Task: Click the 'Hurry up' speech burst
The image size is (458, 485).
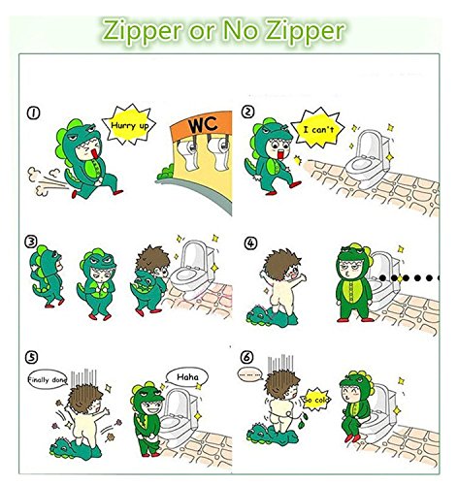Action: [x=129, y=125]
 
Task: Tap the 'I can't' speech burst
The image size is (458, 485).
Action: [x=318, y=129]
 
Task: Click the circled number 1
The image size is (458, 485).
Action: [x=33, y=113]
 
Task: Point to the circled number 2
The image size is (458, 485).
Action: [x=248, y=112]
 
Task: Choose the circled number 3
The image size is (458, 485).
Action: [x=31, y=242]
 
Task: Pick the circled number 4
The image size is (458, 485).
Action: [x=250, y=243]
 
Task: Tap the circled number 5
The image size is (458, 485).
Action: [x=31, y=358]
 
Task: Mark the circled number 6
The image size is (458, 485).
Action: [x=246, y=357]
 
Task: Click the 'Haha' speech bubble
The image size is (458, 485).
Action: [x=187, y=377]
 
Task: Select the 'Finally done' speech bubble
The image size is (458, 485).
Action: [x=48, y=379]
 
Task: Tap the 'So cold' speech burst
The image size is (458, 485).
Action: [x=316, y=400]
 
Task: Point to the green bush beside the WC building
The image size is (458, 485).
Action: [x=166, y=173]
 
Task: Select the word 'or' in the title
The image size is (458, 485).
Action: [x=202, y=31]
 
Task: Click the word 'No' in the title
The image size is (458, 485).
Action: [x=240, y=30]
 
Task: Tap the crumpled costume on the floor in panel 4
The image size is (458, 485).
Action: [x=271, y=317]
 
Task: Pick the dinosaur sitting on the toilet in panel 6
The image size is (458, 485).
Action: [x=357, y=407]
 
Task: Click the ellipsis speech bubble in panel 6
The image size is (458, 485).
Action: [x=250, y=374]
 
